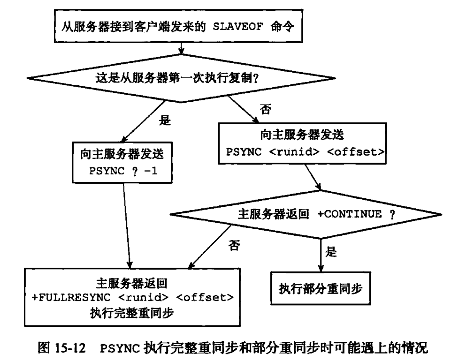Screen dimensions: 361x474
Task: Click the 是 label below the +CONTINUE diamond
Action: (331, 253)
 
